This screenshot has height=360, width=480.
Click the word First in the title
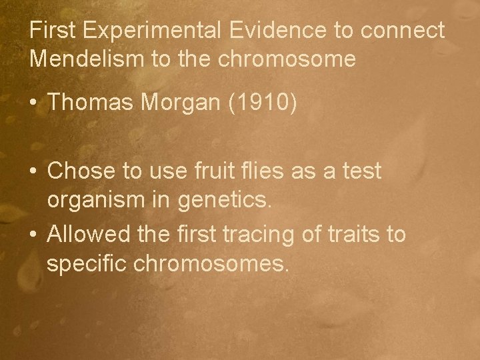(51, 31)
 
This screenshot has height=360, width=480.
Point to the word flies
(275, 171)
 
